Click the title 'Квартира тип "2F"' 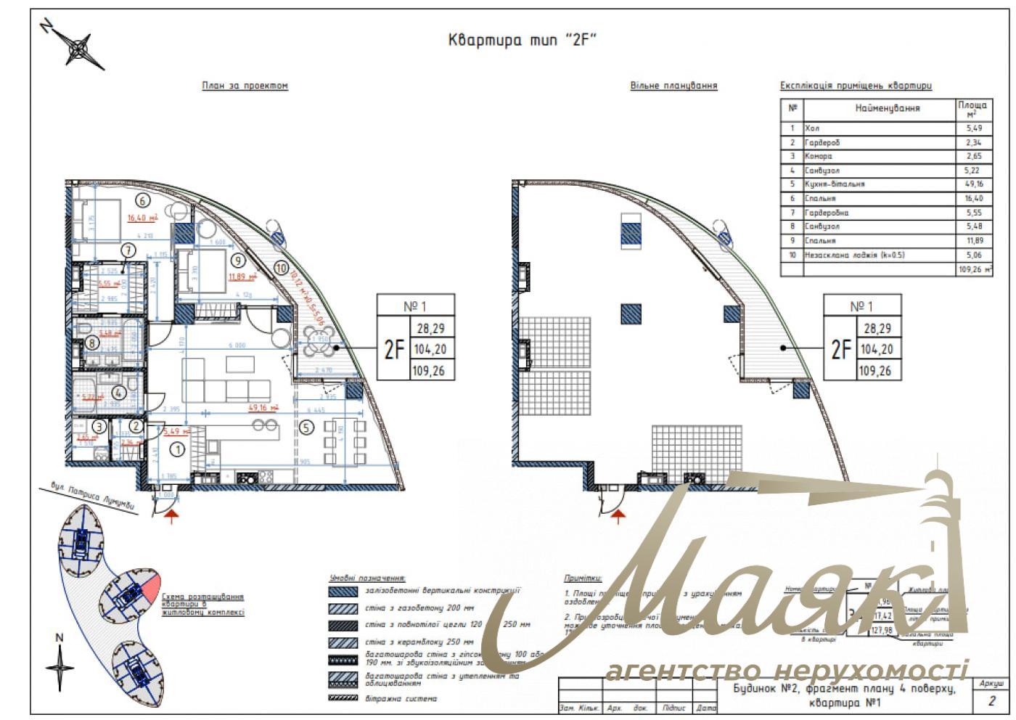click(522, 40)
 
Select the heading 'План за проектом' click(245, 86)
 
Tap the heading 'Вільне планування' click(673, 86)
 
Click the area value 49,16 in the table click(972, 184)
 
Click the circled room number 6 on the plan click(142, 201)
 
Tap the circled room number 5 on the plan click(306, 427)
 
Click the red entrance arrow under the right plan click(618, 516)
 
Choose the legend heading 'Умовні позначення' click(366, 578)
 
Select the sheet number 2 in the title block click(991, 701)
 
